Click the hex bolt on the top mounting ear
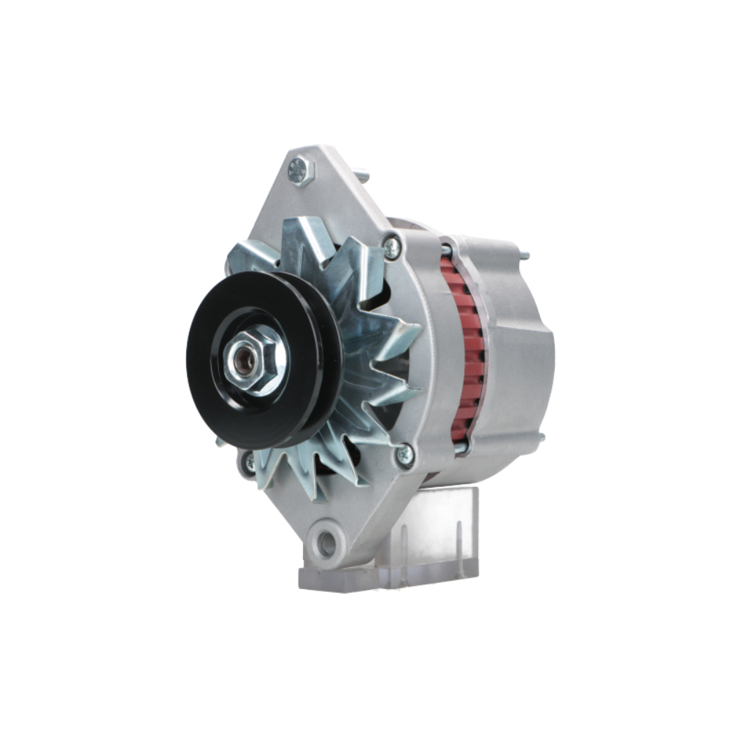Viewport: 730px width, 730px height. click(x=300, y=172)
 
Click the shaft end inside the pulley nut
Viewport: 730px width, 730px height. click(x=243, y=360)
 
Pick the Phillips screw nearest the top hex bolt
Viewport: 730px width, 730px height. click(x=392, y=248)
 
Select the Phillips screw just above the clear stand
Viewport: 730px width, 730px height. click(x=404, y=456)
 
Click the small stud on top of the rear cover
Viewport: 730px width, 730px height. click(x=523, y=255)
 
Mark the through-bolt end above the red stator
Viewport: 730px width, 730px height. click(x=446, y=250)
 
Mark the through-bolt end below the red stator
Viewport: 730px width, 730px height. click(x=460, y=447)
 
